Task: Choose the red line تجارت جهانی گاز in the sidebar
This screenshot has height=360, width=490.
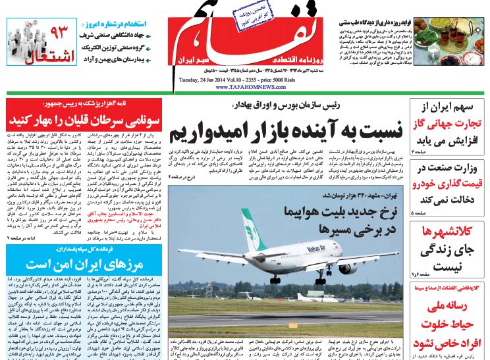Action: coord(447,124)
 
